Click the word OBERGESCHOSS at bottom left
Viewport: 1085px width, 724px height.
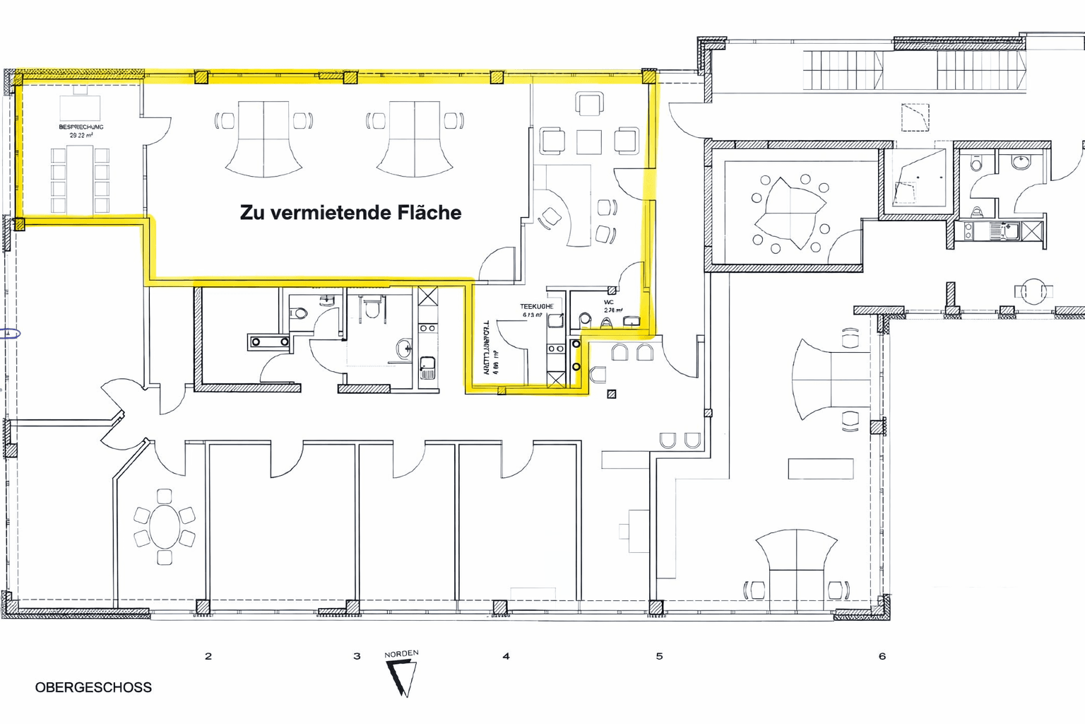point(93,687)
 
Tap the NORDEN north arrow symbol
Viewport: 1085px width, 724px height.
point(402,677)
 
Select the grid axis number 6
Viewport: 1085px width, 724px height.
point(882,656)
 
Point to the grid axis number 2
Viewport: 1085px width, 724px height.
point(208,656)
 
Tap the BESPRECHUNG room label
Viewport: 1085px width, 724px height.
point(81,127)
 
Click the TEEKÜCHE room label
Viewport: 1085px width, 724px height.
point(536,306)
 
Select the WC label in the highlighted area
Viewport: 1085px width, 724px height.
point(608,303)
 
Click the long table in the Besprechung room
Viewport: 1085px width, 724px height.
point(80,180)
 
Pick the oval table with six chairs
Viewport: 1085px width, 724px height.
point(165,527)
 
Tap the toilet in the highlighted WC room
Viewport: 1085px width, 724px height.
point(585,320)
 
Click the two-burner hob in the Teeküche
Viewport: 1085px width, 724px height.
point(556,349)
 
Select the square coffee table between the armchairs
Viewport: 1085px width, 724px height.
point(588,141)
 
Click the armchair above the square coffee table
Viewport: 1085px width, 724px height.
point(589,104)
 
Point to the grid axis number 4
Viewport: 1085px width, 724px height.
point(506,656)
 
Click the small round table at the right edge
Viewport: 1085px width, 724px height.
point(1033,291)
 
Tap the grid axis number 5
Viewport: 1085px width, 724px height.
point(659,656)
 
